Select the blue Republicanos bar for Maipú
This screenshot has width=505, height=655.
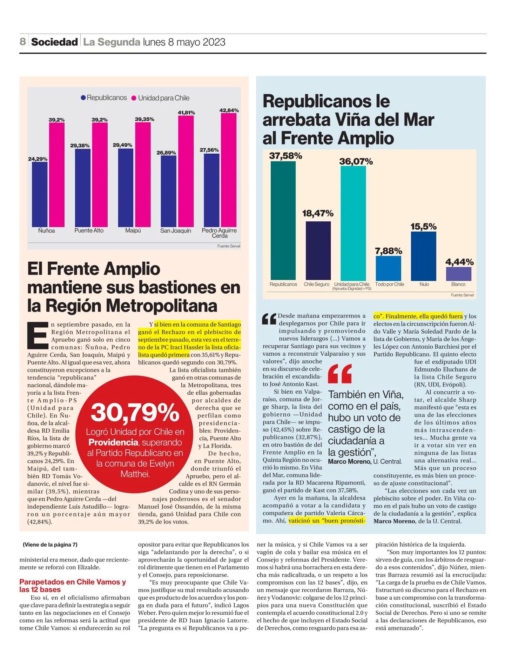[x=126, y=188]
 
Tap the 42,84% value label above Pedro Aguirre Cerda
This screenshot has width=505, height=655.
[x=229, y=111]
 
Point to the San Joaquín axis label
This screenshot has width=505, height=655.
[x=176, y=230]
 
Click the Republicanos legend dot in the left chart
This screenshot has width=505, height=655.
[x=83, y=98]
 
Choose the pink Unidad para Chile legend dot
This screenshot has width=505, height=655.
[x=134, y=98]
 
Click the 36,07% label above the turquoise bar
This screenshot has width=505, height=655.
[x=356, y=162]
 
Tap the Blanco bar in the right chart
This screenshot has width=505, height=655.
[x=458, y=273]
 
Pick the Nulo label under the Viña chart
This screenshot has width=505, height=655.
[x=424, y=284]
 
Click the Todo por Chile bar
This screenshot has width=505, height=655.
[x=388, y=267]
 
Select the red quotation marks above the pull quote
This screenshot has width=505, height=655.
[x=339, y=374]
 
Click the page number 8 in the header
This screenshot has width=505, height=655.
[x=23, y=42]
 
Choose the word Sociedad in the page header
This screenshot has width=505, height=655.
[x=54, y=42]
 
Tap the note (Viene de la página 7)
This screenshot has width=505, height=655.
[x=50, y=545]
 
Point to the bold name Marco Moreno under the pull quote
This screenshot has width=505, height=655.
[x=349, y=461]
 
